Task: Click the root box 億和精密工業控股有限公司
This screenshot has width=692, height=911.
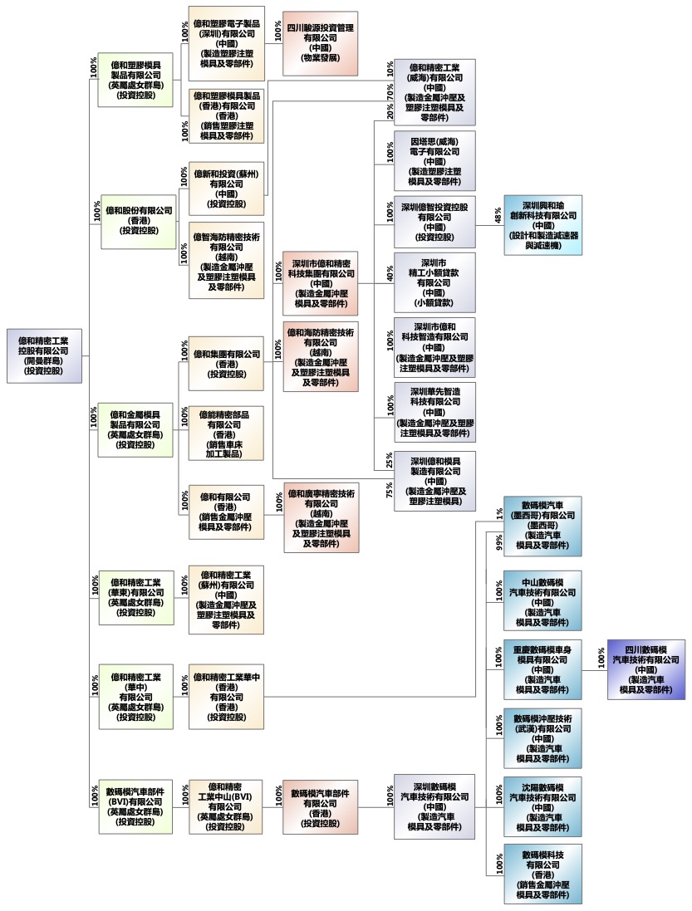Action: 45,355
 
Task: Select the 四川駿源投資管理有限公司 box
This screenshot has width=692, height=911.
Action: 320,43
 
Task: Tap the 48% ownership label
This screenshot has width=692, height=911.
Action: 498,213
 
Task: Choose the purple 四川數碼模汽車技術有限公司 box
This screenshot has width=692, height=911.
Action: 646,669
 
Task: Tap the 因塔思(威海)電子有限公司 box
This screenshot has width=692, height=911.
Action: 435,160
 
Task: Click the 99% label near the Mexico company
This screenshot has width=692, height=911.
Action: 498,541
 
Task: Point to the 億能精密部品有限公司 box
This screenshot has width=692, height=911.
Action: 227,433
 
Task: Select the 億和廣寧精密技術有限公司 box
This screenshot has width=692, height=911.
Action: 320,517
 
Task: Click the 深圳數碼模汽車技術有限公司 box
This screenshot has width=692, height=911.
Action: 434,806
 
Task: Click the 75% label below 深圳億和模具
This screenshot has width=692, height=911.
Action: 390,490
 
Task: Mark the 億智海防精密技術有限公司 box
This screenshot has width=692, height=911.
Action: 227,261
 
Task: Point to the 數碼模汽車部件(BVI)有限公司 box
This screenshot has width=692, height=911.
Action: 135,806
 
